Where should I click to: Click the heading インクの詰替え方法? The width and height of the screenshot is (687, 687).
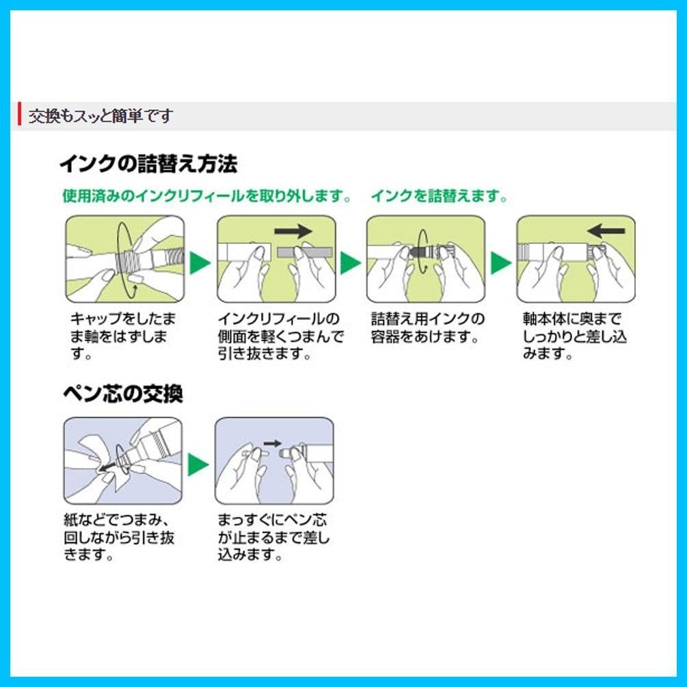(148, 164)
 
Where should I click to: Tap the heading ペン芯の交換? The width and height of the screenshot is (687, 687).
(122, 393)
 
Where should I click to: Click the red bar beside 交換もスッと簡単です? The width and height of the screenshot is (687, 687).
(19, 113)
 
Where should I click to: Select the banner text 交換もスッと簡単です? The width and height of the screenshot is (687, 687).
(100, 116)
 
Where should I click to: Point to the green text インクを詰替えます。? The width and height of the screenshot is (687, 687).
(439, 196)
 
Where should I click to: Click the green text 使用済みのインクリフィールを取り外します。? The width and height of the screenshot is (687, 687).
(207, 196)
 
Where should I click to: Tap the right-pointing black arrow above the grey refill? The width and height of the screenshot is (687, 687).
(293, 231)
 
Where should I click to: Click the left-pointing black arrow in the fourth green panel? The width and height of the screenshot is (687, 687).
(606, 231)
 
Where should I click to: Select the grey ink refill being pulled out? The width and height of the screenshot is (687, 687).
(305, 253)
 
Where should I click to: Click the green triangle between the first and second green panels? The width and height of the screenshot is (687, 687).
(200, 262)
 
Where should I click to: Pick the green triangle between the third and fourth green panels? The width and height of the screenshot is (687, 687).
(500, 262)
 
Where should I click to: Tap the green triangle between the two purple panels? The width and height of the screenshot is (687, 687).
(198, 464)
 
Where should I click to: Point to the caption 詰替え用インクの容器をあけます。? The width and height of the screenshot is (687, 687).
(428, 327)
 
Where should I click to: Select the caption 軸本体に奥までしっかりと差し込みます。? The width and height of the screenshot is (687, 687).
(574, 336)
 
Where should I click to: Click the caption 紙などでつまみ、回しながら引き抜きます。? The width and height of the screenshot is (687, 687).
(119, 537)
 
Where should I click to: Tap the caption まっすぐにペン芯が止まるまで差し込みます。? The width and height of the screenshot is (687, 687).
(273, 537)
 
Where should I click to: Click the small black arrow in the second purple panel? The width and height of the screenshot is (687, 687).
(273, 444)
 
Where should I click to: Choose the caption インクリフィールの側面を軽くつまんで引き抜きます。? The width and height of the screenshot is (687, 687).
(281, 336)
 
